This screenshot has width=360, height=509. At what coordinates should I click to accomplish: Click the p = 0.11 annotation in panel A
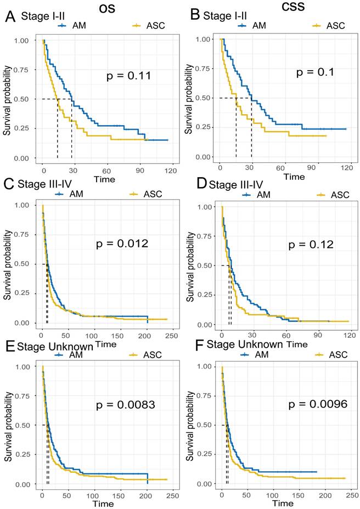point(128,76)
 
